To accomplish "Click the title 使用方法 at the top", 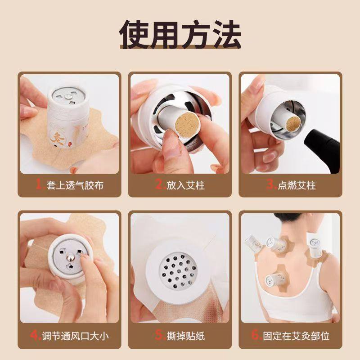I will pos(180,34).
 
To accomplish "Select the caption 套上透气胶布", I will pos(75,185).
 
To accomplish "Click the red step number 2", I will pos(158,185).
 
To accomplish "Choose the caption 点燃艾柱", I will pos(297,185).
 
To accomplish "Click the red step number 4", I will pos(34,336).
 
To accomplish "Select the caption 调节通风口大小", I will pos(75,336).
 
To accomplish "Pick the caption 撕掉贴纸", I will pos(186,336).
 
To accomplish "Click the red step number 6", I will pos(256,336).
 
